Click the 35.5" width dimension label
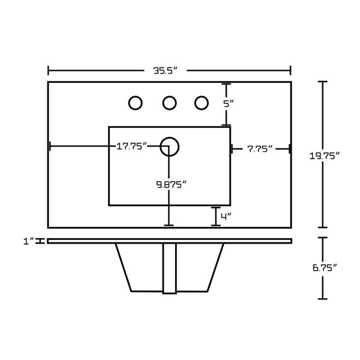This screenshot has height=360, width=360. click(x=166, y=70)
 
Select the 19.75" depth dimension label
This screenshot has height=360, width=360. click(x=324, y=156)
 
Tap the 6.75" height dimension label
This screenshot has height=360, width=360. click(x=325, y=268)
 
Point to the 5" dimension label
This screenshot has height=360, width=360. click(x=229, y=104)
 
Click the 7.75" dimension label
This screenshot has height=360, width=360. click(x=260, y=149)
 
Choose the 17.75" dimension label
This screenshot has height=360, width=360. click(x=131, y=146)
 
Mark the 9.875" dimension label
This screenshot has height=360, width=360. click(x=171, y=184)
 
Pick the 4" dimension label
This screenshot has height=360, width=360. click(x=226, y=216)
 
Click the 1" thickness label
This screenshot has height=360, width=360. click(x=29, y=241)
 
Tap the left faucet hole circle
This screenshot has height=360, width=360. click(x=135, y=103)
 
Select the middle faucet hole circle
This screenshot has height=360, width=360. click(x=169, y=103)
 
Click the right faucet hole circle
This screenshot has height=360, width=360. click(x=202, y=103)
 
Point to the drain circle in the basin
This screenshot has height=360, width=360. click(x=169, y=147)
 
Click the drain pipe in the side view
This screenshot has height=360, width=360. click(x=169, y=268)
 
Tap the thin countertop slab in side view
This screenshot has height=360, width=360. click(x=170, y=241)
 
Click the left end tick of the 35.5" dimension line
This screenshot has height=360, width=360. click(x=48, y=70)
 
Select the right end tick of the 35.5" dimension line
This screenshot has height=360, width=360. click(x=290, y=70)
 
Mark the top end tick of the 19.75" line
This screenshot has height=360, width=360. click(x=323, y=82)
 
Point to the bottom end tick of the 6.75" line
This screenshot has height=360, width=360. click(x=323, y=299)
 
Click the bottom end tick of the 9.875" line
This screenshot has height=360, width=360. click(x=169, y=226)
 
